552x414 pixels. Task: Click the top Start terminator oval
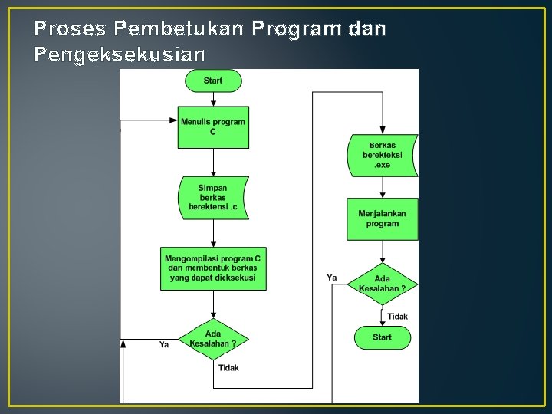coord(213,80)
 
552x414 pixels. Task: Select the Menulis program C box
coord(213,127)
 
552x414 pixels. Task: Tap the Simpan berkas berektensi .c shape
coord(213,198)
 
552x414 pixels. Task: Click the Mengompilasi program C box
coord(213,268)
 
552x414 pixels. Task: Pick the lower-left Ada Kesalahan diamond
coord(213,339)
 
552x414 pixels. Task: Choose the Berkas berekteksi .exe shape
coord(382,156)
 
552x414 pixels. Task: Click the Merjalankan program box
coord(382,219)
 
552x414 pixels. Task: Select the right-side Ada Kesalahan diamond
coord(382,284)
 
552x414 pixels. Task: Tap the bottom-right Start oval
coord(382,337)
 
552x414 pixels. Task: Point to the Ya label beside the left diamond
coord(164,345)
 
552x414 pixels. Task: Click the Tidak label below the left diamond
coord(228,368)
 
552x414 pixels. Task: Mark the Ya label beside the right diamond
coord(332,278)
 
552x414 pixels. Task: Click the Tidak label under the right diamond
coord(397,317)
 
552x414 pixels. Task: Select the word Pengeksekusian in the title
coord(120,55)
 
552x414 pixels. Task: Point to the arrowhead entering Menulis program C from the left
coord(173,120)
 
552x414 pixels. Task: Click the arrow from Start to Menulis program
coord(213,99)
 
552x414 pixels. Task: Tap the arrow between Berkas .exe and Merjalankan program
coord(382,188)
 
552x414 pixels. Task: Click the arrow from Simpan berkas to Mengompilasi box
coord(213,233)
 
